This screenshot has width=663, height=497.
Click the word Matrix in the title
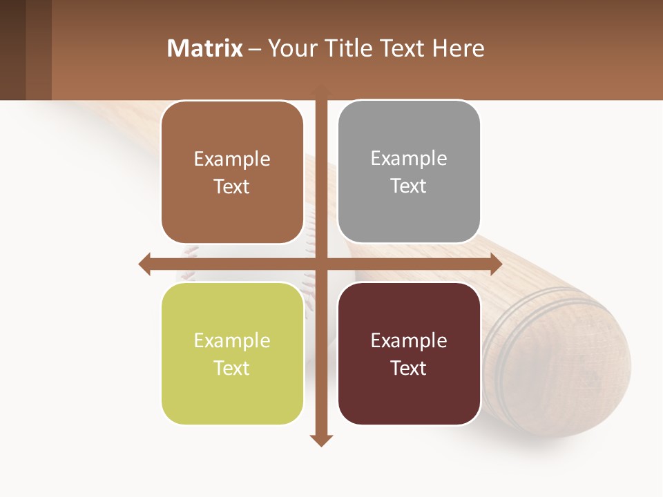point(205,48)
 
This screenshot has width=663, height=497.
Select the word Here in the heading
point(458,48)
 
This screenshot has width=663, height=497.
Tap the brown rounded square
point(232,173)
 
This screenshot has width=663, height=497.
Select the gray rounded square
point(409,172)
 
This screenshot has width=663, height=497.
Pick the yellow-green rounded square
point(232,354)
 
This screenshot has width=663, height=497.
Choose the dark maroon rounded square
point(409,354)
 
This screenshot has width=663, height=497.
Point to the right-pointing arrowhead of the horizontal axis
point(495,264)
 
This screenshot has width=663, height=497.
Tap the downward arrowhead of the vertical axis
point(320,440)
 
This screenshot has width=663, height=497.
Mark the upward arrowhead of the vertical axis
point(320,90)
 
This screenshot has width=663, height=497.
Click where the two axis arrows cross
point(320,264)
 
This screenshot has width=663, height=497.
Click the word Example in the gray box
point(409,158)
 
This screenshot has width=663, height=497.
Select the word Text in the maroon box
point(409,368)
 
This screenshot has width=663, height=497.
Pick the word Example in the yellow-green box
point(232,340)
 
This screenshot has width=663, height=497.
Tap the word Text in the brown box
point(232,186)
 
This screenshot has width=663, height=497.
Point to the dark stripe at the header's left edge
point(12,50)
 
